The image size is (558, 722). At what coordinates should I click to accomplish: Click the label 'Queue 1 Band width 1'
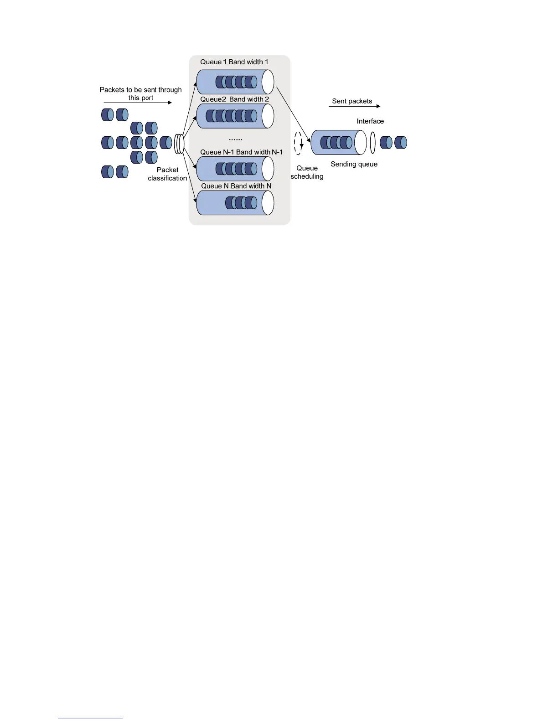[x=234, y=62]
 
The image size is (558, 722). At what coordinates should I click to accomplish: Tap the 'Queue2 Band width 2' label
[x=234, y=99]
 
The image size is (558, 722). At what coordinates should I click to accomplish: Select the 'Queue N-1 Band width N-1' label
[x=241, y=152]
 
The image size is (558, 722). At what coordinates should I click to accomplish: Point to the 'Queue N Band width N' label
[x=236, y=186]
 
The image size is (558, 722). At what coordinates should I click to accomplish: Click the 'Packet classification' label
[x=167, y=174]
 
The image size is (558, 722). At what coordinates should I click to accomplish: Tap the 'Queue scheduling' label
[x=307, y=172]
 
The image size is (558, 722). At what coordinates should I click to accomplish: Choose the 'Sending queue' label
[x=354, y=164]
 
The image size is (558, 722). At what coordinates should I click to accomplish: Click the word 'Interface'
[x=370, y=121]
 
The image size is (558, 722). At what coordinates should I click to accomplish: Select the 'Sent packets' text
[x=352, y=101]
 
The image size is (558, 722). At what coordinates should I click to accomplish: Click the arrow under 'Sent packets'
[x=354, y=106]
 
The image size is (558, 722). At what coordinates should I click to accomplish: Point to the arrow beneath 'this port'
[x=138, y=103]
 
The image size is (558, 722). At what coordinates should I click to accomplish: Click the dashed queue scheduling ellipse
[x=298, y=143]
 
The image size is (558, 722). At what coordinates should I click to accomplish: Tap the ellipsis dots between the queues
[x=235, y=139]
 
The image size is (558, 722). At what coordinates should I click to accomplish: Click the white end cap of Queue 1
[x=268, y=82]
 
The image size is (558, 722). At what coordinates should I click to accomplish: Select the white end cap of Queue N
[x=268, y=203]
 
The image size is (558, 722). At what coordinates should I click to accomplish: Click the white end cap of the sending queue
[x=361, y=143]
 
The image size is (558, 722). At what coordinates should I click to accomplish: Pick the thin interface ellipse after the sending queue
[x=373, y=143]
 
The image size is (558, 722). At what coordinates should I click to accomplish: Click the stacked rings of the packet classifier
[x=179, y=143]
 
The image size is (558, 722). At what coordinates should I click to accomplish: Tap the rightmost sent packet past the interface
[x=401, y=143]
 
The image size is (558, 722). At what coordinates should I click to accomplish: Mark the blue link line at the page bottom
[x=90, y=718]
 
